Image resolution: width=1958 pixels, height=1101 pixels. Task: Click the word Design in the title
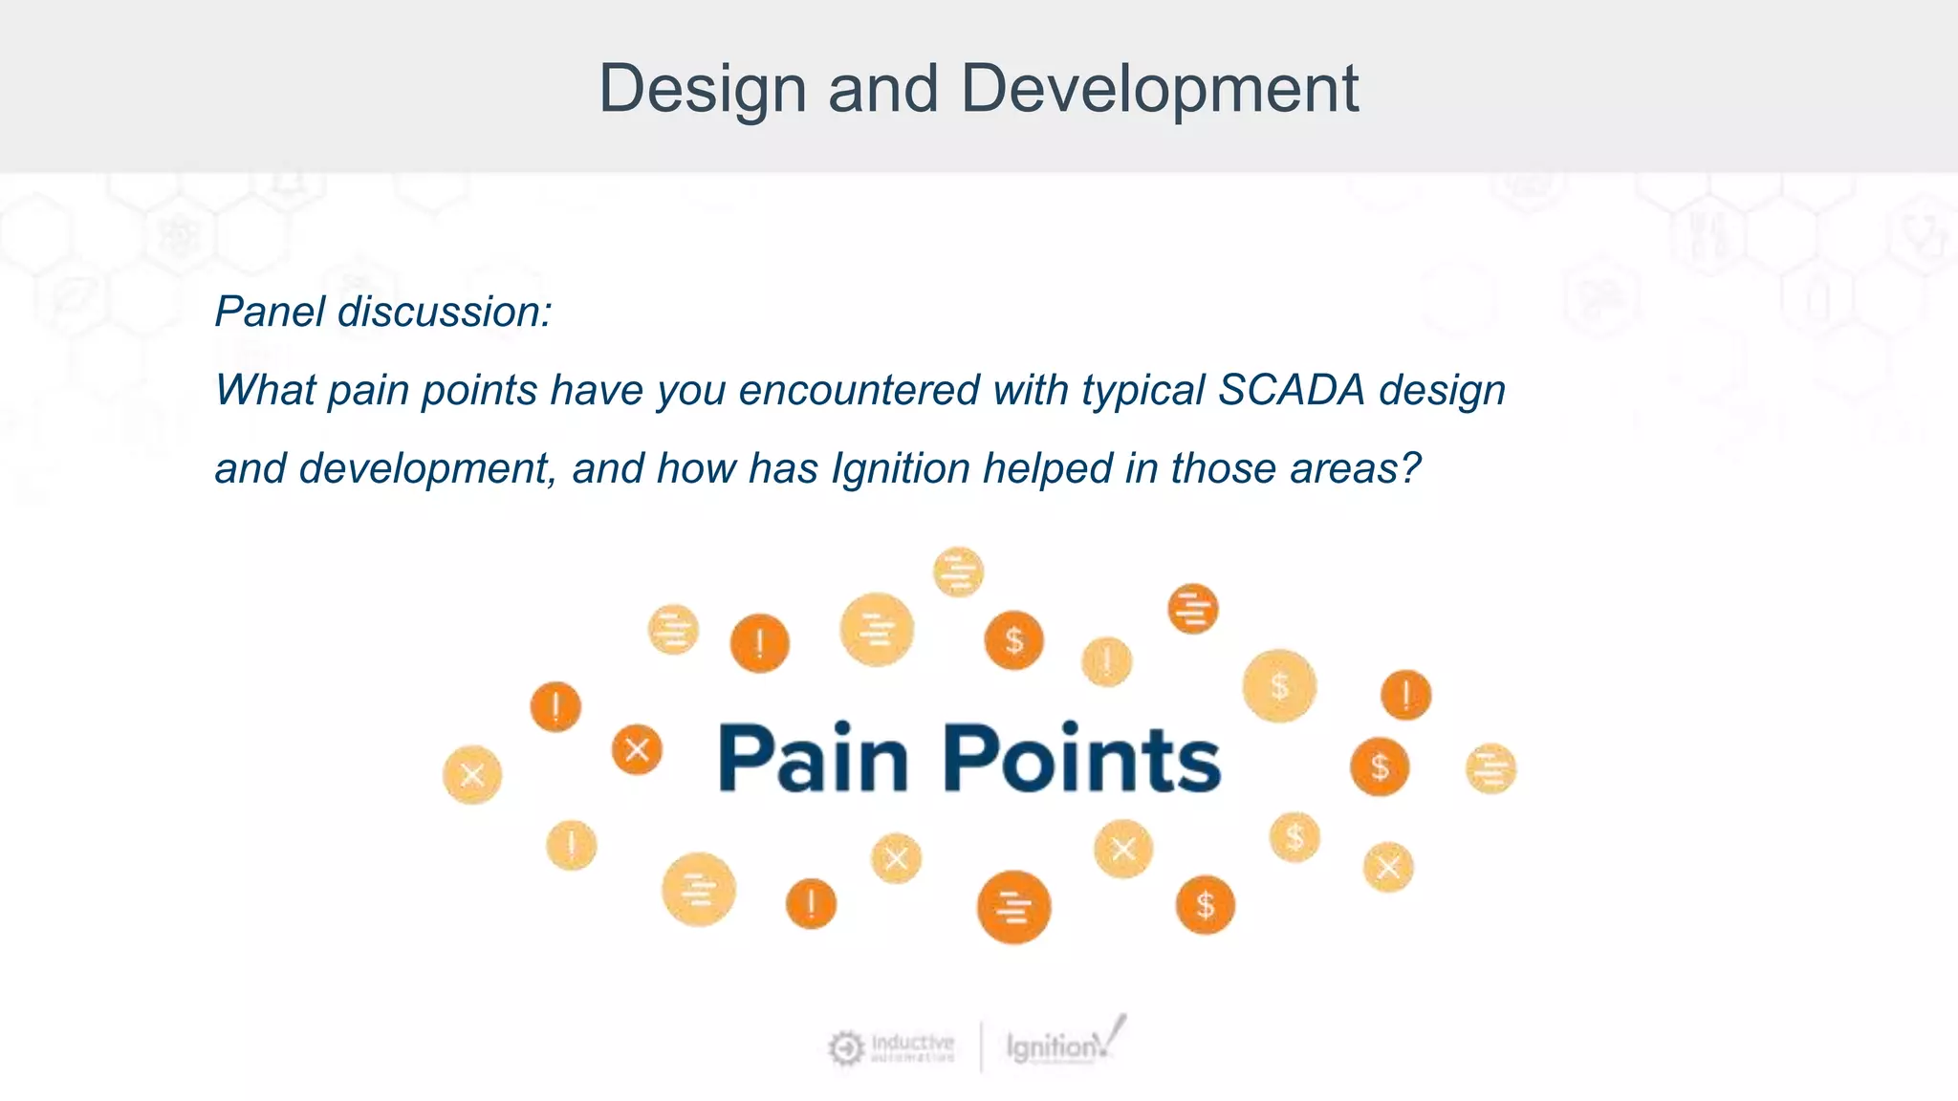[x=703, y=89]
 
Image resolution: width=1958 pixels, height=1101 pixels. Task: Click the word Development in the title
[x=1159, y=89]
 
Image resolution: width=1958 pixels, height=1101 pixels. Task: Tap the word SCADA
[x=1291, y=390]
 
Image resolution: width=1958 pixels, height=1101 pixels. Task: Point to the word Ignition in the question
[x=901, y=468]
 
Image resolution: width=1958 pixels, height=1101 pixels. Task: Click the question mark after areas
[x=1410, y=468]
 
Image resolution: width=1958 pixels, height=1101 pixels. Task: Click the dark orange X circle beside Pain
[x=637, y=749]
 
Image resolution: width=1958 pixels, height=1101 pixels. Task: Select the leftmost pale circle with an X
[x=472, y=774]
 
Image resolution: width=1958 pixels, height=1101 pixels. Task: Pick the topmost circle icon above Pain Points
[x=958, y=572]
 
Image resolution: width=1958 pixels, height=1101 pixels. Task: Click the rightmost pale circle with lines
[x=1490, y=768]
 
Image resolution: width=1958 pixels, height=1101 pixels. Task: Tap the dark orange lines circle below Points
[x=1013, y=907]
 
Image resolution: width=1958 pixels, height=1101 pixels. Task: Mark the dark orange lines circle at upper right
[x=1193, y=609]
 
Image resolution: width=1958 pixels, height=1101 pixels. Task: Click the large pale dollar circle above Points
[x=1279, y=685]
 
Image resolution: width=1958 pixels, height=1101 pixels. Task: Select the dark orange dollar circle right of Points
[x=1379, y=766]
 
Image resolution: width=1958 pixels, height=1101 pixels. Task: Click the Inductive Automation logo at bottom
[x=891, y=1047]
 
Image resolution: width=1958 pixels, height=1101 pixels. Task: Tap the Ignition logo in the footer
[x=1063, y=1045]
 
